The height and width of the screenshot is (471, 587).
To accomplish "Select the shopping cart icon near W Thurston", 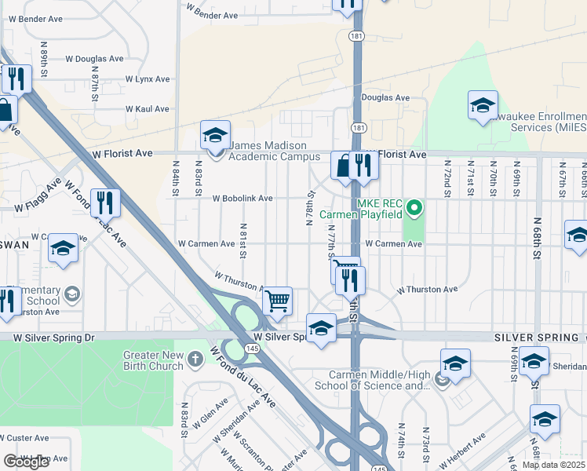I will point(277,299).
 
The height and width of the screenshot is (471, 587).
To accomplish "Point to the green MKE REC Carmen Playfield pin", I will point(417,208).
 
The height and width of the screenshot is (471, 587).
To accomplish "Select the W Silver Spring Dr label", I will point(53,337).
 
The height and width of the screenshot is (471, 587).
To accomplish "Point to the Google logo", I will point(25,462).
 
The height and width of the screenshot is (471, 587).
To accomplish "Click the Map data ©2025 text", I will point(553,465).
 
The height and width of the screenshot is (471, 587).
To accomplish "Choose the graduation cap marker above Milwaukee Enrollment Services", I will point(483,105).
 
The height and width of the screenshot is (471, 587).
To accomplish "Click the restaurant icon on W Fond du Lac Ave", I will point(104,203).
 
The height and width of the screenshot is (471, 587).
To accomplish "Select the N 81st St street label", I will point(242,240).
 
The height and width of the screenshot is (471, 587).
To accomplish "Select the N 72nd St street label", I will point(447,181).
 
